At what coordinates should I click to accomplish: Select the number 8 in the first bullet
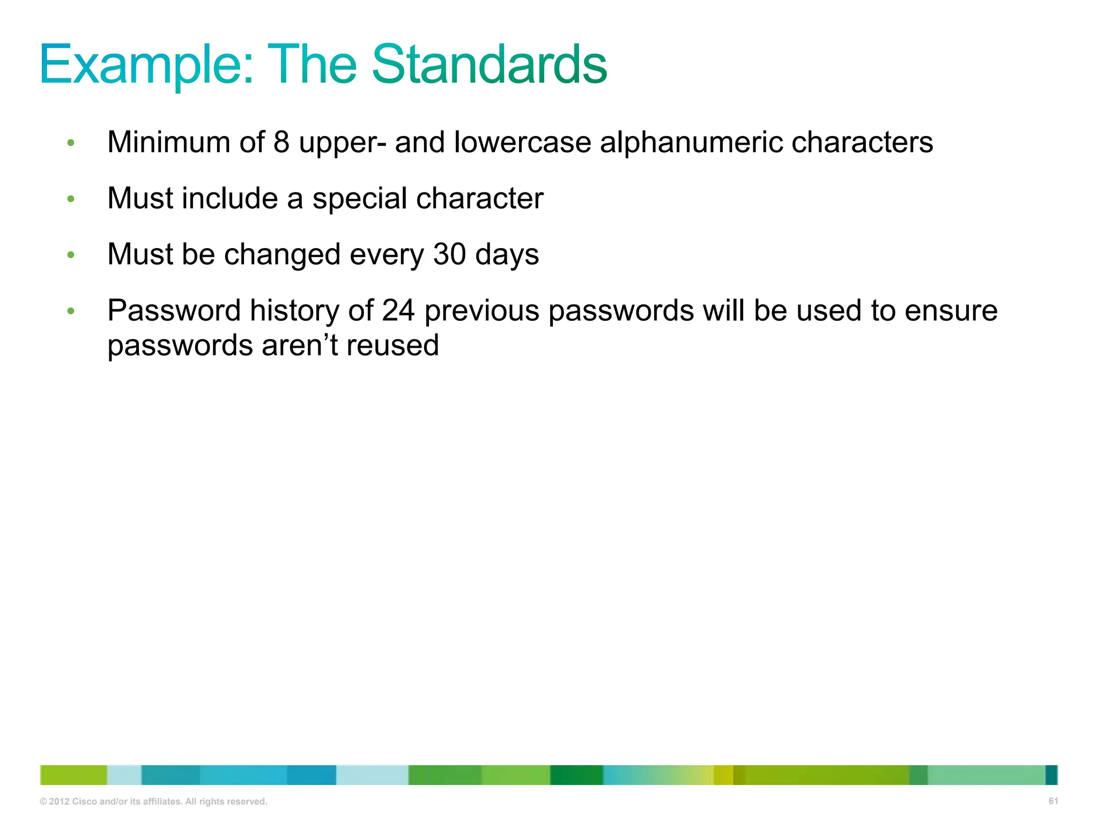coord(281,143)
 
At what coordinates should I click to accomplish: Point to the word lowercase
coord(522,143)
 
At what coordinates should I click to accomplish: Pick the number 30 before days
coord(449,254)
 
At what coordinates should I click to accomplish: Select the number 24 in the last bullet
coord(398,311)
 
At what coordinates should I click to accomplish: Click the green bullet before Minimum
coord(71,143)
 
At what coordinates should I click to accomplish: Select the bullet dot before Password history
coord(71,311)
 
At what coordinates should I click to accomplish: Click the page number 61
coord(1053,801)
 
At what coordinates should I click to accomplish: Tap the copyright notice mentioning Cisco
coord(153,802)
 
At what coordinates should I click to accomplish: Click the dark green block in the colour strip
coord(576,775)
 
